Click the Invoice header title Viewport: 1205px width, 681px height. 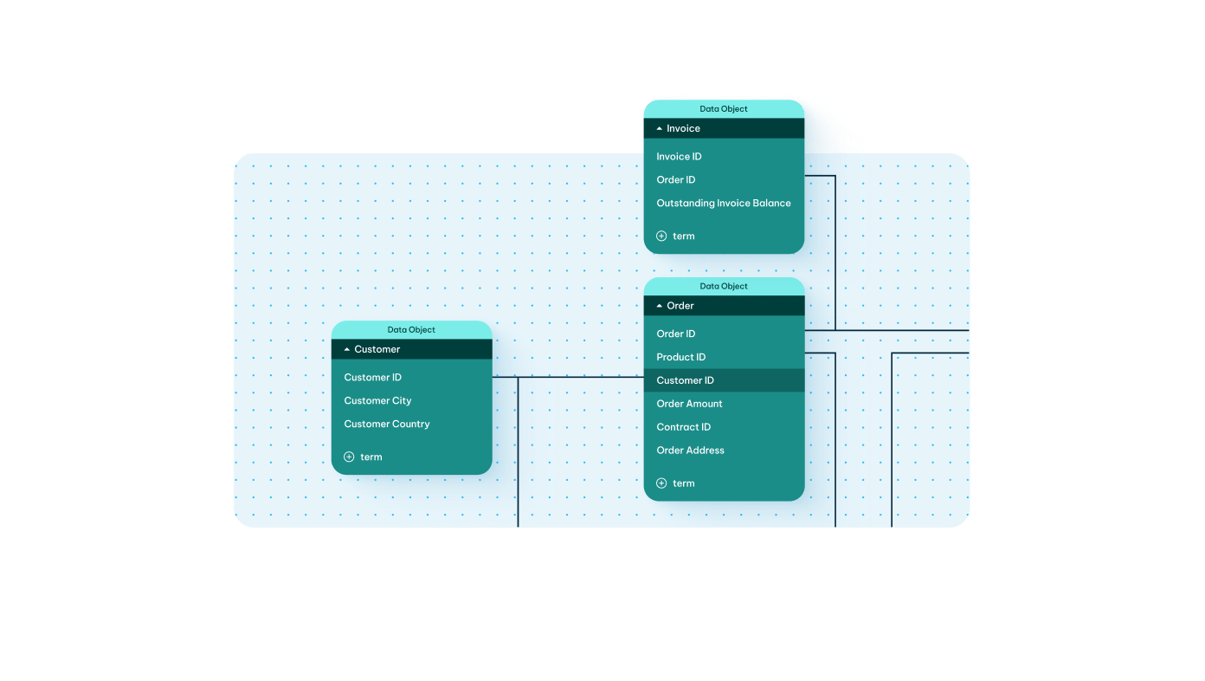click(x=683, y=128)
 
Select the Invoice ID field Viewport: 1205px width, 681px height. click(x=679, y=157)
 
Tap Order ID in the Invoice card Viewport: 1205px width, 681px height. click(x=675, y=180)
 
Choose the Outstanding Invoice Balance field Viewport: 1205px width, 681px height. click(x=723, y=204)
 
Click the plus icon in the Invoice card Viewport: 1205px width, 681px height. click(x=661, y=236)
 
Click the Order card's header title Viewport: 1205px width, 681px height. click(x=680, y=306)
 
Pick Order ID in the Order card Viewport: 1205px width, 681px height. click(x=675, y=334)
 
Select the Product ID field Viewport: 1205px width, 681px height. click(x=680, y=357)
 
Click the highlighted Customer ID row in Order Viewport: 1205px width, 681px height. click(x=685, y=380)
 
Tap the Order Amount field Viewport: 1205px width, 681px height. click(x=689, y=404)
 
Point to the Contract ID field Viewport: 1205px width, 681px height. click(x=683, y=427)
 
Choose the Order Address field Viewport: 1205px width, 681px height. click(x=690, y=451)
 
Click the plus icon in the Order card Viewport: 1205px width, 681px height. click(x=661, y=483)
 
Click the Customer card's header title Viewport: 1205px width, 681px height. click(x=377, y=349)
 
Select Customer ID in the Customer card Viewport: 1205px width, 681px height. click(x=372, y=378)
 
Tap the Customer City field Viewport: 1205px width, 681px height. click(x=377, y=401)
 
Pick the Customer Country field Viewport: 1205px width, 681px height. click(x=386, y=425)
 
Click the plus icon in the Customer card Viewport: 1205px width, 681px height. click(x=349, y=457)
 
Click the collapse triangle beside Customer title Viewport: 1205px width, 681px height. click(x=347, y=349)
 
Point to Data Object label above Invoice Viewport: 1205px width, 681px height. click(x=723, y=109)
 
